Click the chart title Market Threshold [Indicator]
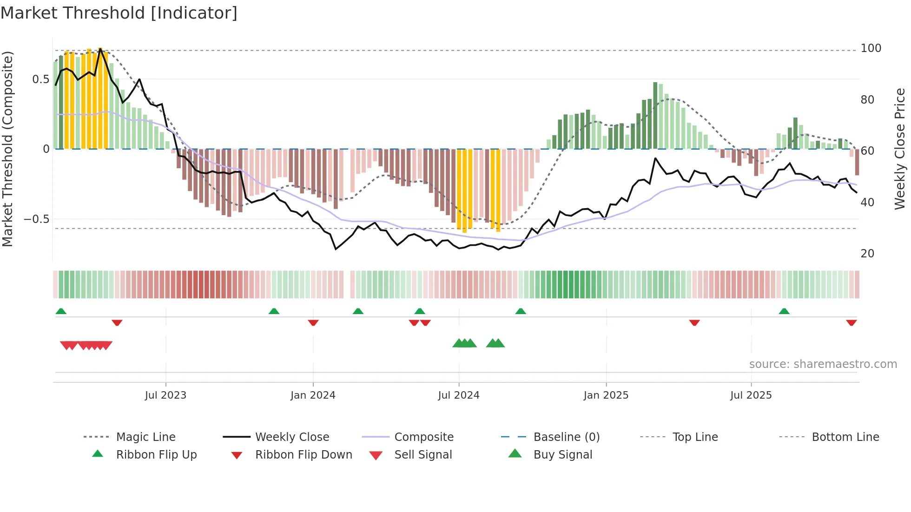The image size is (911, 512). click(x=119, y=13)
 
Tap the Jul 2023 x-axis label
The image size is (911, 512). click(x=165, y=395)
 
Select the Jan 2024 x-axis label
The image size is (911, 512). click(x=313, y=395)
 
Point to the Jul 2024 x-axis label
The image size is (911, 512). click(x=459, y=395)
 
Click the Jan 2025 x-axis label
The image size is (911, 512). click(x=606, y=395)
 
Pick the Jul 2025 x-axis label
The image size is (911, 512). click(x=751, y=395)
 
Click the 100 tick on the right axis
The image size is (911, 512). click(x=871, y=48)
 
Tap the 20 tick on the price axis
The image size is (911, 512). click(x=867, y=254)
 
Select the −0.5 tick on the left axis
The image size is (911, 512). click(x=37, y=219)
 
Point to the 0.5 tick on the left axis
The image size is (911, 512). click(x=40, y=79)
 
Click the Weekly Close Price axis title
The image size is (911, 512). click(x=900, y=149)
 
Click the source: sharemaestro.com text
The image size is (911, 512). click(x=823, y=364)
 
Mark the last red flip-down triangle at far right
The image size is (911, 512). click(x=852, y=323)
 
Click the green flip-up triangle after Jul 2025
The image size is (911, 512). click(x=784, y=311)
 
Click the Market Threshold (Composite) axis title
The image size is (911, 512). click(x=7, y=149)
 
